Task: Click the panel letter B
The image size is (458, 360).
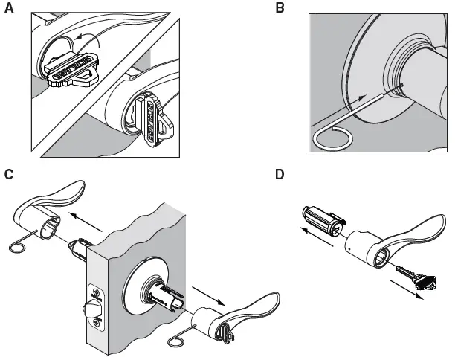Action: [280, 8]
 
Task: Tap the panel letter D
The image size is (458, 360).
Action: [280, 175]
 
